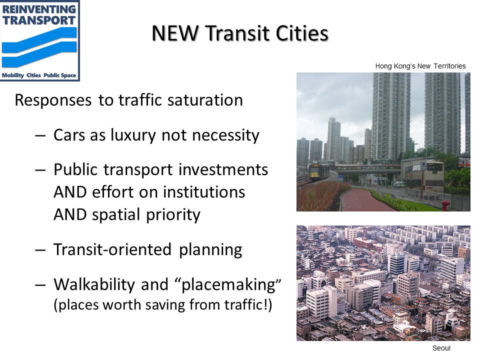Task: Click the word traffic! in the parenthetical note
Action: pyautogui.click(x=249, y=305)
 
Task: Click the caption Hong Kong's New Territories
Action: pyautogui.click(x=420, y=66)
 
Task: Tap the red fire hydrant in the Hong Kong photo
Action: pyautogui.click(x=444, y=205)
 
